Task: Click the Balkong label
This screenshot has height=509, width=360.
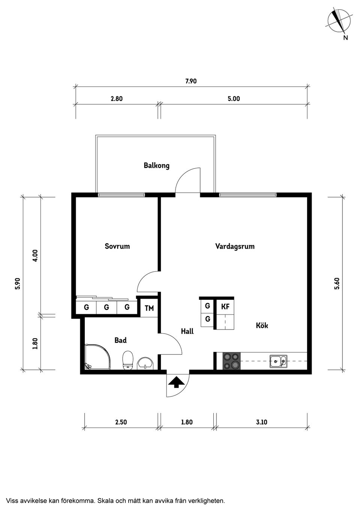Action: pyautogui.click(x=157, y=165)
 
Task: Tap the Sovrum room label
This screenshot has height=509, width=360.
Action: pyautogui.click(x=117, y=246)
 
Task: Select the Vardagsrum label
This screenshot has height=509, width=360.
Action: pyautogui.click(x=235, y=246)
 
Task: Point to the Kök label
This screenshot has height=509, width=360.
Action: pyautogui.click(x=262, y=325)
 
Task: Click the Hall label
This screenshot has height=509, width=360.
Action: pyautogui.click(x=187, y=331)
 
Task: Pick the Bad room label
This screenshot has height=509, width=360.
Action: pyautogui.click(x=120, y=340)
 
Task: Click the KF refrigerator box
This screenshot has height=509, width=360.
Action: pyautogui.click(x=225, y=307)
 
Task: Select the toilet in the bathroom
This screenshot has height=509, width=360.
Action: pyautogui.click(x=128, y=360)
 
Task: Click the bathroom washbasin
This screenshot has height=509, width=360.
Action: pyautogui.click(x=145, y=363)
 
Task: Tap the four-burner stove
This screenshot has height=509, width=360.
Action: pyautogui.click(x=231, y=361)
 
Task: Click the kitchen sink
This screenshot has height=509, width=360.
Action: pyautogui.click(x=278, y=361)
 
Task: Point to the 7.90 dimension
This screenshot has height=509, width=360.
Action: pyautogui.click(x=191, y=81)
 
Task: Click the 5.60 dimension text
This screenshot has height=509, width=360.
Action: pyautogui.click(x=337, y=284)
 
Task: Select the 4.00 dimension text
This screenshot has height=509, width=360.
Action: pyautogui.click(x=36, y=256)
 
